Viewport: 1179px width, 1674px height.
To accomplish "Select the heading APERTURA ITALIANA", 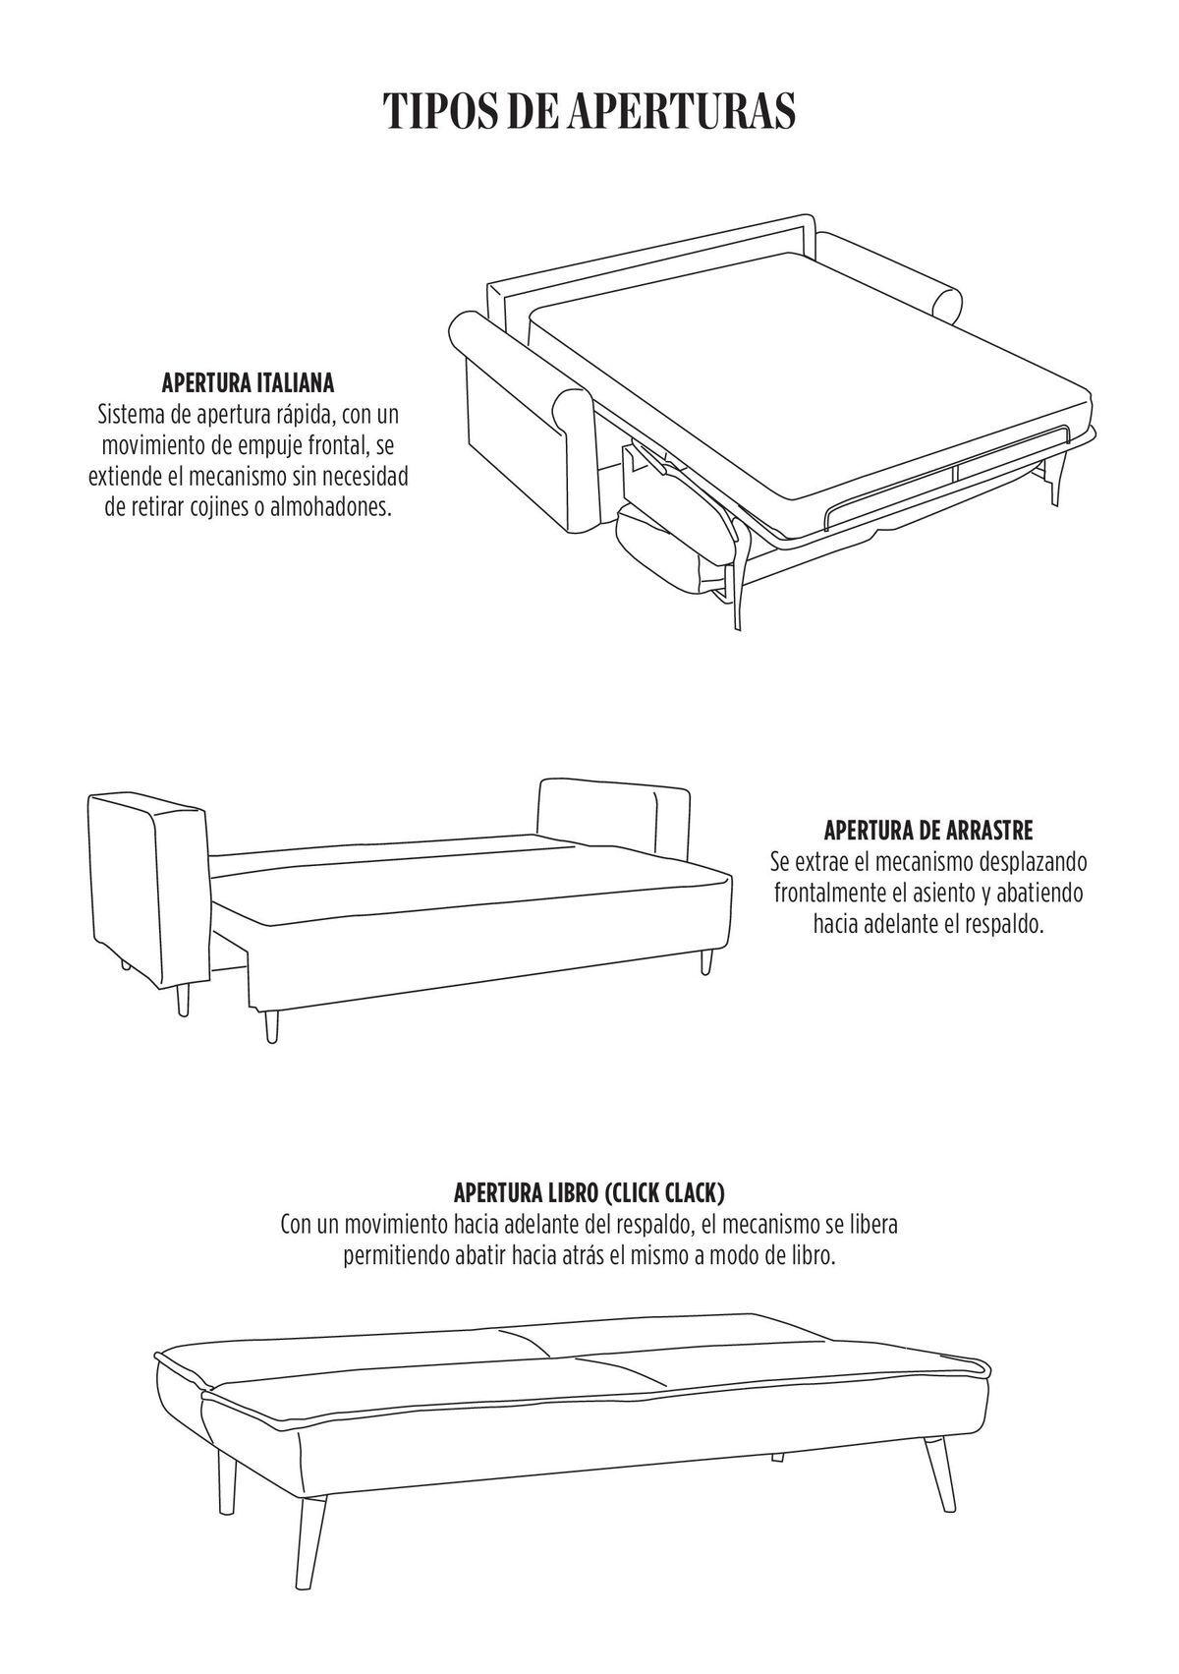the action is tap(248, 385).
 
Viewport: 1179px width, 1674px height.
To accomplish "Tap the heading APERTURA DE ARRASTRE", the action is tap(928, 831).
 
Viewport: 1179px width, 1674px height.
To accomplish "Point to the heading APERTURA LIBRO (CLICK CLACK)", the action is tap(589, 1192).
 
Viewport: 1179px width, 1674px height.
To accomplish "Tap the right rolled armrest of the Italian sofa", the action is tap(889, 276).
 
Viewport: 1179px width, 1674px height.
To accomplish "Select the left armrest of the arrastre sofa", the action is tap(149, 891).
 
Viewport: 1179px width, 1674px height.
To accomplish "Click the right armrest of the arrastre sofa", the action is tap(614, 822).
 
